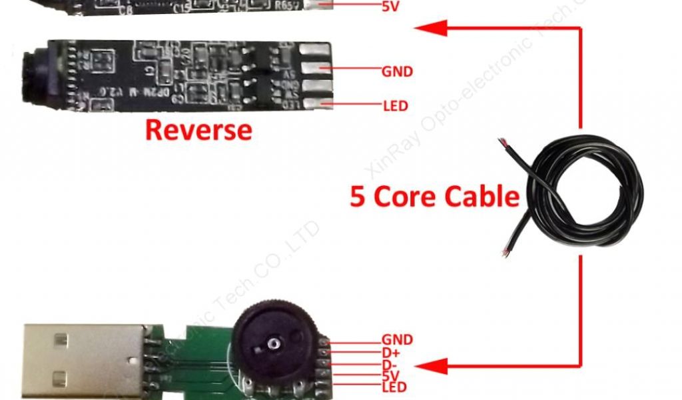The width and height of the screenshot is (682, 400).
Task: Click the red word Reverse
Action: coord(198,129)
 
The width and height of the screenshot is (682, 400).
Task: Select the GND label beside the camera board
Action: coord(398,71)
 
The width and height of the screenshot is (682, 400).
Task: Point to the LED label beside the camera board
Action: coord(396,105)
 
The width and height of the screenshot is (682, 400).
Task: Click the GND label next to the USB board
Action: coord(397,340)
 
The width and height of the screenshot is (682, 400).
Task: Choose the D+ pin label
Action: coord(391,352)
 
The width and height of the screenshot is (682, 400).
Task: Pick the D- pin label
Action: coord(390,364)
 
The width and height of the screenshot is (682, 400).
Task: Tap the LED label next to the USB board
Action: coord(394,387)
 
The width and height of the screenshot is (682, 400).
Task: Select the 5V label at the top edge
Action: coord(392,7)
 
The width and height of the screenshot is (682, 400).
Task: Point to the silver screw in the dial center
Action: coord(273,343)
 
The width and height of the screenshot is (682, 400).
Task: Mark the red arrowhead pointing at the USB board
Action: coord(430,365)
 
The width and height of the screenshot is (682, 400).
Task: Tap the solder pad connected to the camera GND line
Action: coord(316,68)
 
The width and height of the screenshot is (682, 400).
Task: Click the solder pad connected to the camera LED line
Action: coord(315,103)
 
